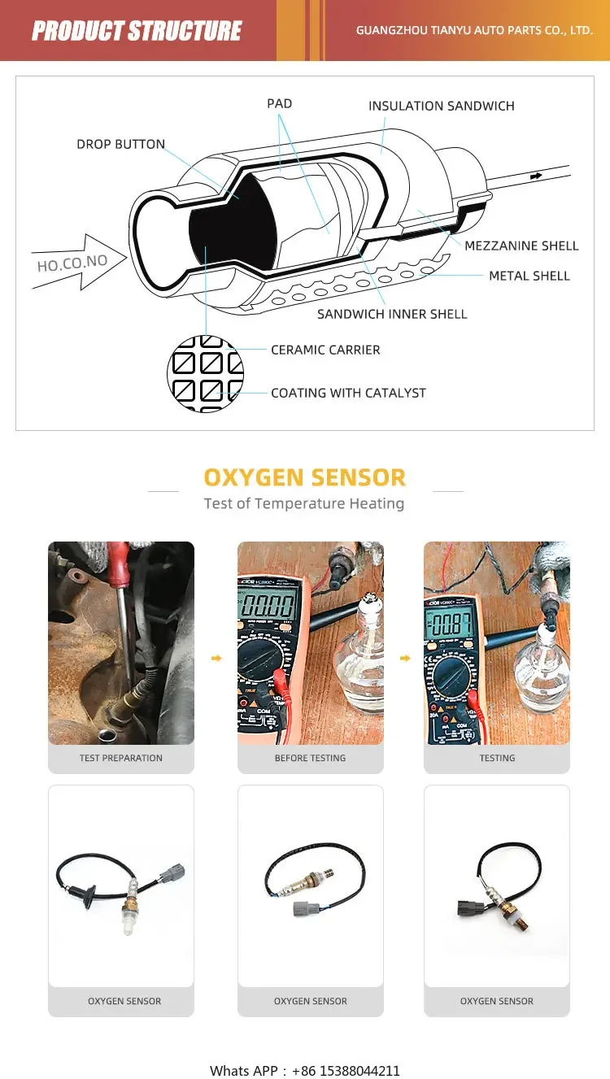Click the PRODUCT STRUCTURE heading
point(137,31)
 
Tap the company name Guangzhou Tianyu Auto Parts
point(474,31)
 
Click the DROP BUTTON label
point(120,145)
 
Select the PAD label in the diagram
point(279,104)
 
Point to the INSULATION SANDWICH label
point(441,107)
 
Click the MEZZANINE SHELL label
point(521,246)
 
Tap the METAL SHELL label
point(529,276)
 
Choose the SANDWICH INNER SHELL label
point(392,314)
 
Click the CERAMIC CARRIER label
point(325,350)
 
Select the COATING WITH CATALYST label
point(348,393)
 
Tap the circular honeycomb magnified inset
point(205,374)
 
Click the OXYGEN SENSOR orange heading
point(304,477)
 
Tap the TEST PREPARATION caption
point(121,758)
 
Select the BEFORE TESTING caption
point(310,758)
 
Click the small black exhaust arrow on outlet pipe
point(536,176)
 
